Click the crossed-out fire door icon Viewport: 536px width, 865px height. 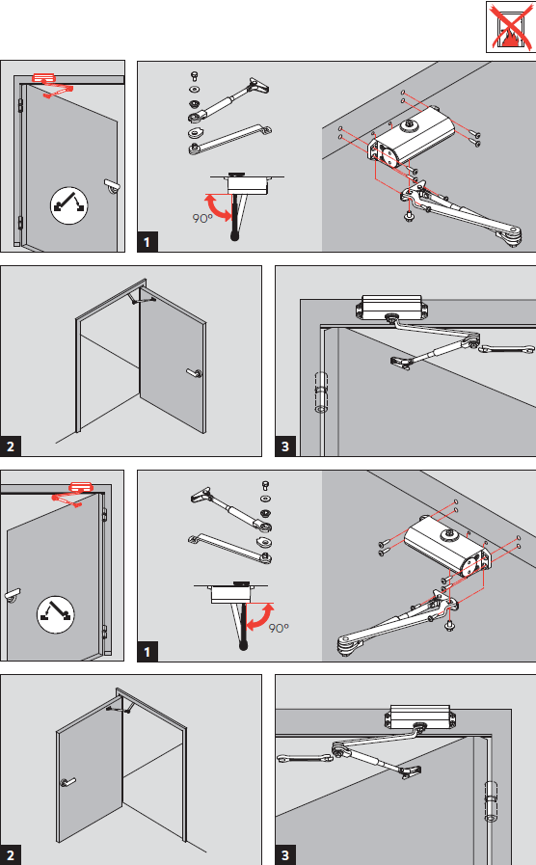(510, 26)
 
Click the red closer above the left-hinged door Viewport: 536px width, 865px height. (43, 78)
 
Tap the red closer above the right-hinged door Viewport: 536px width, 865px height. (81, 488)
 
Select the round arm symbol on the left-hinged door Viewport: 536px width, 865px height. (69, 205)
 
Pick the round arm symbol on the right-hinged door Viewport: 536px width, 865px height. (55, 614)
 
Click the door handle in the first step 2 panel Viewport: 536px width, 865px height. (195, 373)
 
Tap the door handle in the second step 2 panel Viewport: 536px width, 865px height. (67, 782)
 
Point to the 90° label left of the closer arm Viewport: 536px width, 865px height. (202, 219)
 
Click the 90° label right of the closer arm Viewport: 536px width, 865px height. (279, 628)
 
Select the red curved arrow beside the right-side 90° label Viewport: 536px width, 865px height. (260, 617)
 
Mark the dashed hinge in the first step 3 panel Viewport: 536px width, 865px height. (321, 392)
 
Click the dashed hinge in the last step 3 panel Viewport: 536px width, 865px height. (492, 801)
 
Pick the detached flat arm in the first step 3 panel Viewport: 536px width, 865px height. (506, 349)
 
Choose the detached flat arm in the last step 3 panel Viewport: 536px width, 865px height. (305, 759)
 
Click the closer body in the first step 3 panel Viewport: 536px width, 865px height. (391, 307)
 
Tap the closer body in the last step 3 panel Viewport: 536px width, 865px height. (420, 716)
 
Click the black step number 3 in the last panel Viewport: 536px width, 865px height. (285, 855)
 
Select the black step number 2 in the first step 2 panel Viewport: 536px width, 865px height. (11, 446)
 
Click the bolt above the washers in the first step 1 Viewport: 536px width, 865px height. (194, 76)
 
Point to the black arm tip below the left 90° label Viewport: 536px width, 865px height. (235, 236)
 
